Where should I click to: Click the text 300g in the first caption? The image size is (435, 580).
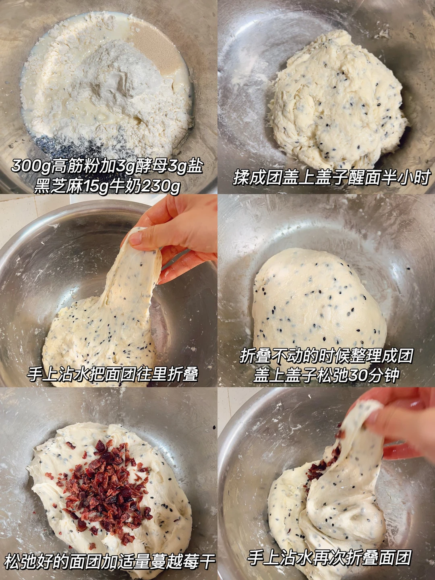(x=31, y=166)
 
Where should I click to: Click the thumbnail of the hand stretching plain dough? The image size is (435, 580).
(x=109, y=291)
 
